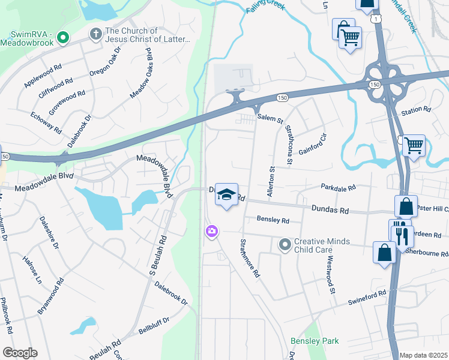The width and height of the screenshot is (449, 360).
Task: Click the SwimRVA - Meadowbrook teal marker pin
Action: [63, 40]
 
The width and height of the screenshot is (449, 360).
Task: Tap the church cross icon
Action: [95, 35]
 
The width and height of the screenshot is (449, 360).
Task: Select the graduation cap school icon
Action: [226, 194]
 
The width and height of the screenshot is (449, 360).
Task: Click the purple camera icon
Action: [211, 231]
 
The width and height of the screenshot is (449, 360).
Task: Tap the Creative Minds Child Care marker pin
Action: [285, 245]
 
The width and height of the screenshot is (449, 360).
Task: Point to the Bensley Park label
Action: [315, 341]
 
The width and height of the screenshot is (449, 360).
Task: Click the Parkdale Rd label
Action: [338, 187]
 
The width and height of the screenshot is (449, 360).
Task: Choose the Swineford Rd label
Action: [366, 298]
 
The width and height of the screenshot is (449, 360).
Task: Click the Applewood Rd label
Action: [43, 77]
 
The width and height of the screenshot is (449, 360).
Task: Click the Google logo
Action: [19, 353]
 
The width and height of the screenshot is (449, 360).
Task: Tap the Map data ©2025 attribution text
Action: [423, 355]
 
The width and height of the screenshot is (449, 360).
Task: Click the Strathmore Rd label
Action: [250, 258]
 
